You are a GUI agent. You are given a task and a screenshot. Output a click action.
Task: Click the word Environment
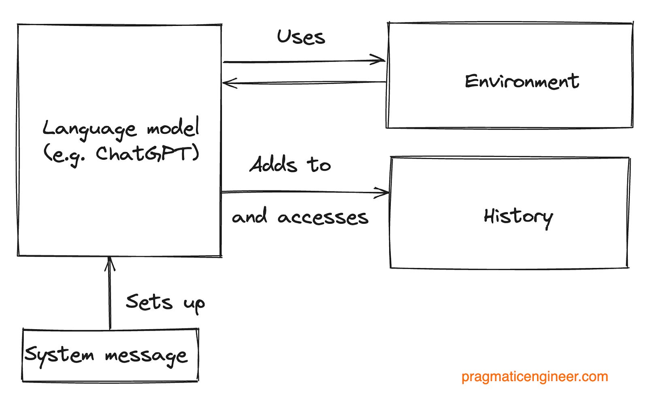522,81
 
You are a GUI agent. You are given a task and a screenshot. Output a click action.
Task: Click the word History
518,217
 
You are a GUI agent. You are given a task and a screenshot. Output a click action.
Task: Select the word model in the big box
173,128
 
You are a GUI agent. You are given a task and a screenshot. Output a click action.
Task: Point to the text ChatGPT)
147,154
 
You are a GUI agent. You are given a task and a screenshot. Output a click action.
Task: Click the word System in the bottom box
59,356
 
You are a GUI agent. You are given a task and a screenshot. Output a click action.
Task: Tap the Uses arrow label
301,37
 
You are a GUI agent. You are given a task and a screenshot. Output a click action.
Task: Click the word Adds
273,165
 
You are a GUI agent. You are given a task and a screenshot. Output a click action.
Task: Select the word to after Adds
319,165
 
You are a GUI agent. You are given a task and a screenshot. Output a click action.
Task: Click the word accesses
323,218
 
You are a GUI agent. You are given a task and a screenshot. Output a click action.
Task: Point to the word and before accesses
249,216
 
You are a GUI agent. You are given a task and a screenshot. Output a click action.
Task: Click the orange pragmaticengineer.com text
535,377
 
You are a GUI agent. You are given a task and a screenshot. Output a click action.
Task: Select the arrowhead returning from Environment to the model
227,84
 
